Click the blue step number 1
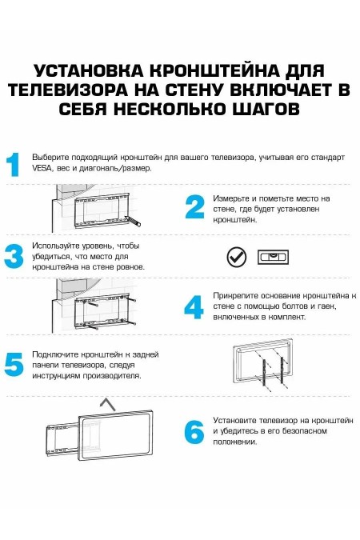(14, 164)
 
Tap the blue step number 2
(194, 207)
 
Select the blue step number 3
(14, 256)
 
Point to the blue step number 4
(194, 306)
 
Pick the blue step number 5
(14, 364)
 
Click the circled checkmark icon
(236, 257)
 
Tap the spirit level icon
(272, 257)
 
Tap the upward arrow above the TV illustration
(102, 402)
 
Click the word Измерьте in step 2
(230, 198)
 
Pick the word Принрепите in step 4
(235, 295)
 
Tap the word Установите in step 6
(234, 419)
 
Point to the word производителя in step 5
(113, 375)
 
